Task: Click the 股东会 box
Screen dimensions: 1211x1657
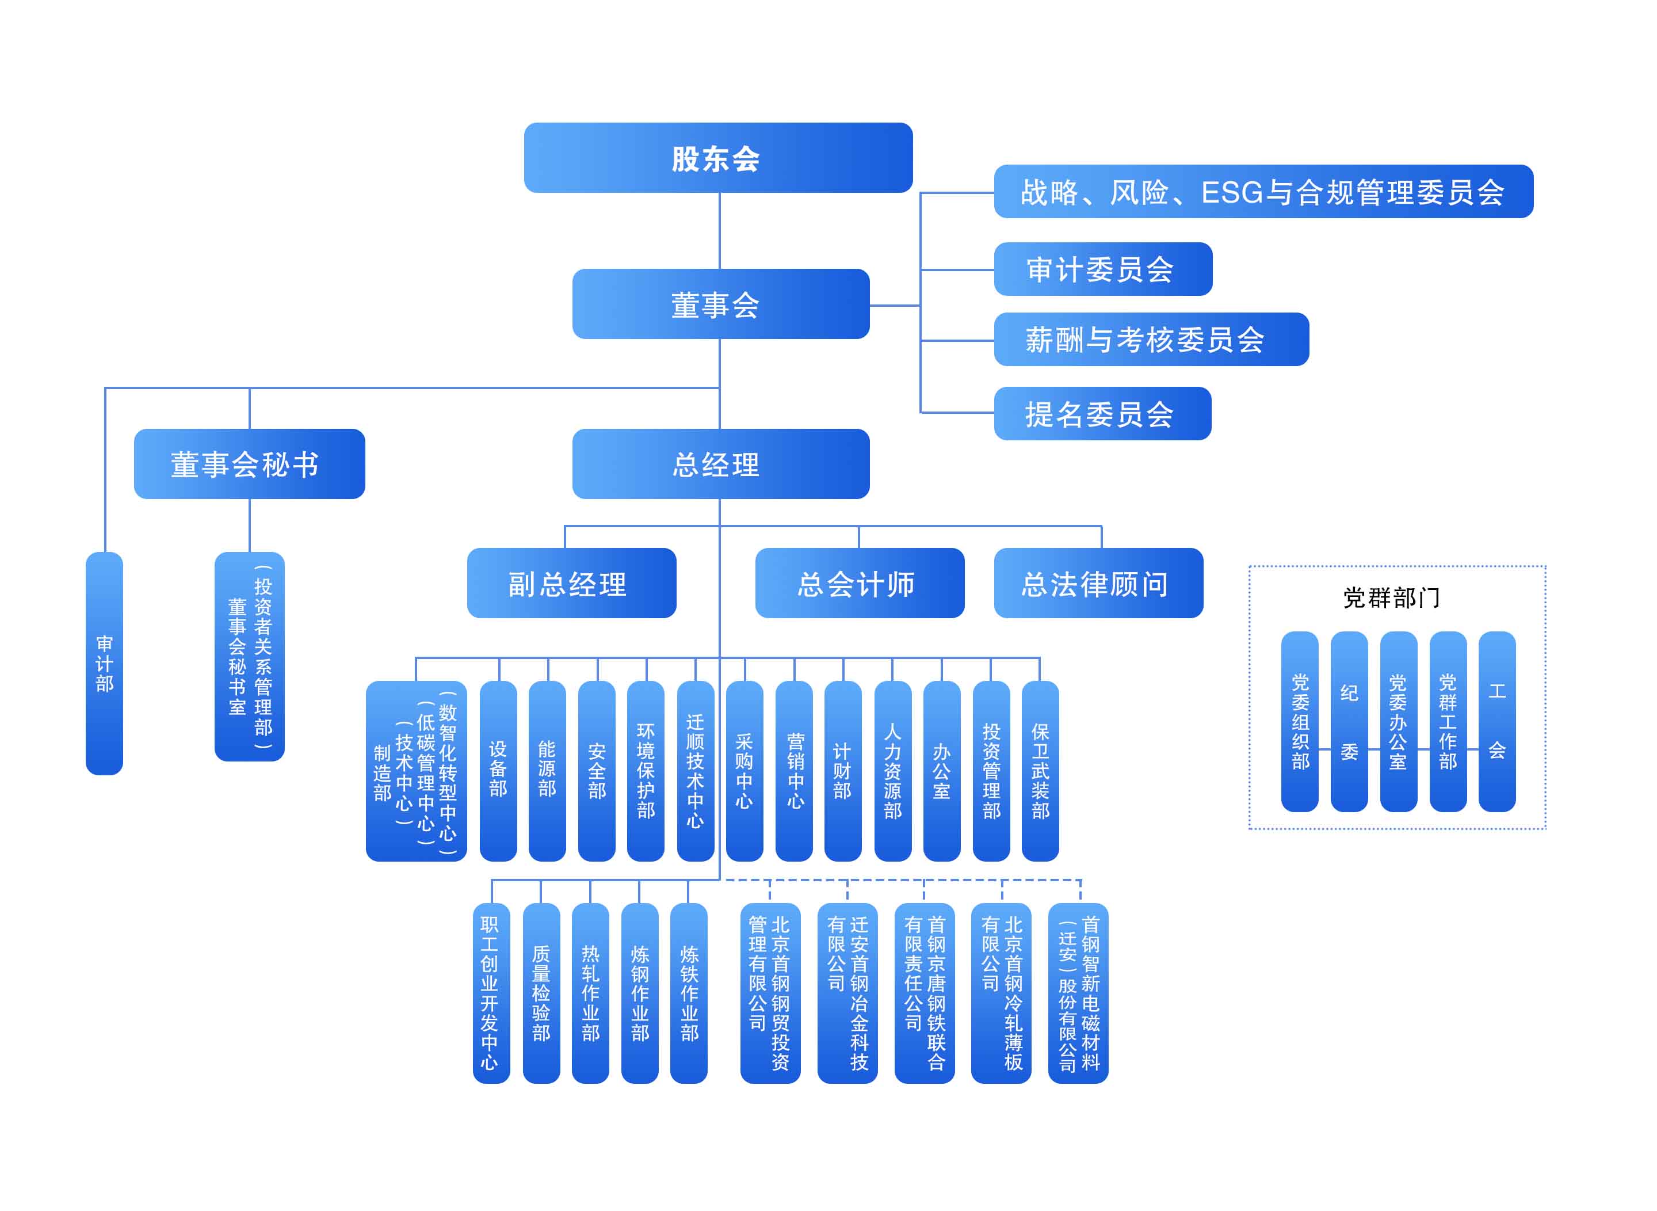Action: click(717, 158)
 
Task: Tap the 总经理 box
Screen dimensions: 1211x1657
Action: click(720, 464)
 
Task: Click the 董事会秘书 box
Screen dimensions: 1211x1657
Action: click(249, 464)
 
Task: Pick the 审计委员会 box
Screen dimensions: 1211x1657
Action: click(1102, 269)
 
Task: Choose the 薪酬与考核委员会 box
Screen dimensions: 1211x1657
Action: click(1151, 340)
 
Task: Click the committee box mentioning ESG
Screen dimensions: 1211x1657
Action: click(1263, 191)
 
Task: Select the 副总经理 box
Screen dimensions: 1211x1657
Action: click(571, 583)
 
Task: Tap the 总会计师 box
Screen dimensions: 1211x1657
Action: click(859, 583)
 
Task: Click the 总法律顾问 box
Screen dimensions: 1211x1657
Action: click(1098, 583)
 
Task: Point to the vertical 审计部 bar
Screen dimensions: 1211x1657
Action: click(104, 664)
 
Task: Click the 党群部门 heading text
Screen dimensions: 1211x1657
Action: click(1390, 597)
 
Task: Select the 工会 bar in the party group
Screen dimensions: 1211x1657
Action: click(1496, 721)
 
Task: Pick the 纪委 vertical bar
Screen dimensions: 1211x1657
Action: click(1349, 721)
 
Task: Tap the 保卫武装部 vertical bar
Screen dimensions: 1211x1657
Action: click(1040, 771)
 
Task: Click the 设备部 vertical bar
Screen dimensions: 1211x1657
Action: click(498, 771)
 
